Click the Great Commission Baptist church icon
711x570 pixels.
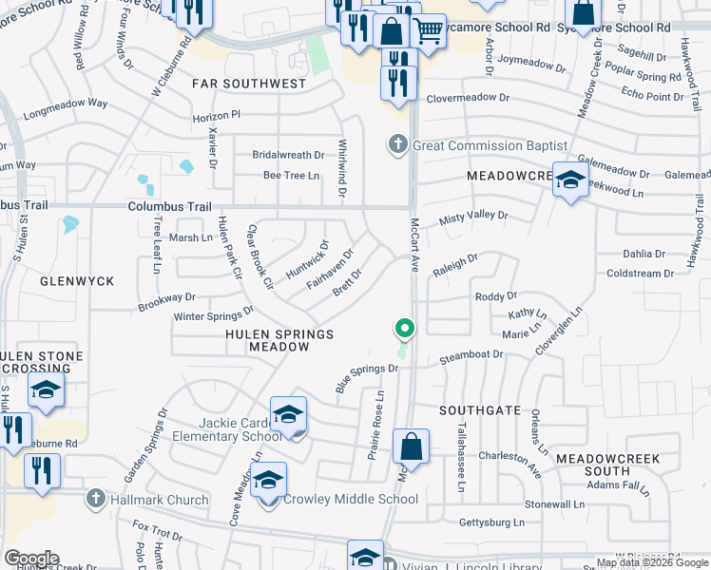(x=397, y=145)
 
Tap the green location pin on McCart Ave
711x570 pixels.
(x=405, y=330)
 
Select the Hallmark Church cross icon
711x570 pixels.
(x=95, y=499)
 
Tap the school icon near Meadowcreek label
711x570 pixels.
(x=569, y=180)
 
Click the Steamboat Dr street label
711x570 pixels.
(x=471, y=356)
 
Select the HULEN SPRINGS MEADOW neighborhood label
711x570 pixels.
(x=279, y=341)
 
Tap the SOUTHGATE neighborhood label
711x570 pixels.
(x=480, y=410)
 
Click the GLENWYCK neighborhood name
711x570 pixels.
(x=77, y=281)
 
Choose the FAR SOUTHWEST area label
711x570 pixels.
(x=248, y=84)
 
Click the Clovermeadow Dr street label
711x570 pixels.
(x=469, y=98)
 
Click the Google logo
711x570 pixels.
(x=30, y=559)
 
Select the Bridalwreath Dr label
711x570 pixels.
(x=288, y=154)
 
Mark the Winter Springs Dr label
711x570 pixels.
(x=214, y=313)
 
